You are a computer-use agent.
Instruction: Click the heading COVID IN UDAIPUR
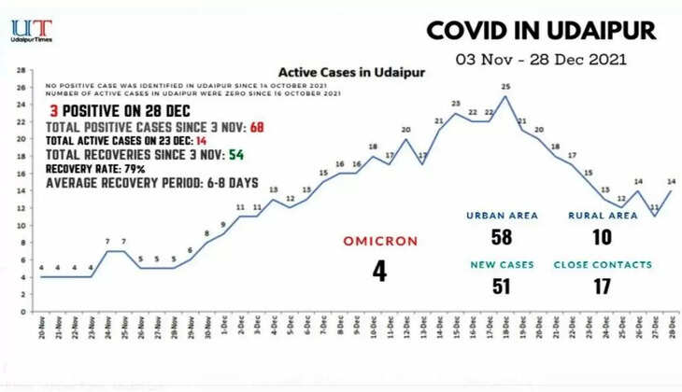click(x=541, y=30)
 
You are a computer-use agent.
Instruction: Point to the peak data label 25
click(x=505, y=87)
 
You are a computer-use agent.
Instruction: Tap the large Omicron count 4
click(x=378, y=271)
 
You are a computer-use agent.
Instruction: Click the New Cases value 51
click(x=502, y=286)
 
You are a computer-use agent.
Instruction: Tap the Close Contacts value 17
click(x=603, y=286)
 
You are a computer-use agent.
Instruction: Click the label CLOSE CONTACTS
click(x=603, y=264)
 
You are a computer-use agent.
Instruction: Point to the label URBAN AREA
click(x=502, y=215)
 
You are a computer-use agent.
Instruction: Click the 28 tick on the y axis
click(x=21, y=69)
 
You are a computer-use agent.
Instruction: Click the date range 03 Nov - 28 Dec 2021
click(x=541, y=58)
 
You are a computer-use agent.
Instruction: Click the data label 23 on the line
click(x=456, y=104)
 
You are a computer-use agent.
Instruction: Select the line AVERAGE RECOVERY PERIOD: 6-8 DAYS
click(x=126, y=182)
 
